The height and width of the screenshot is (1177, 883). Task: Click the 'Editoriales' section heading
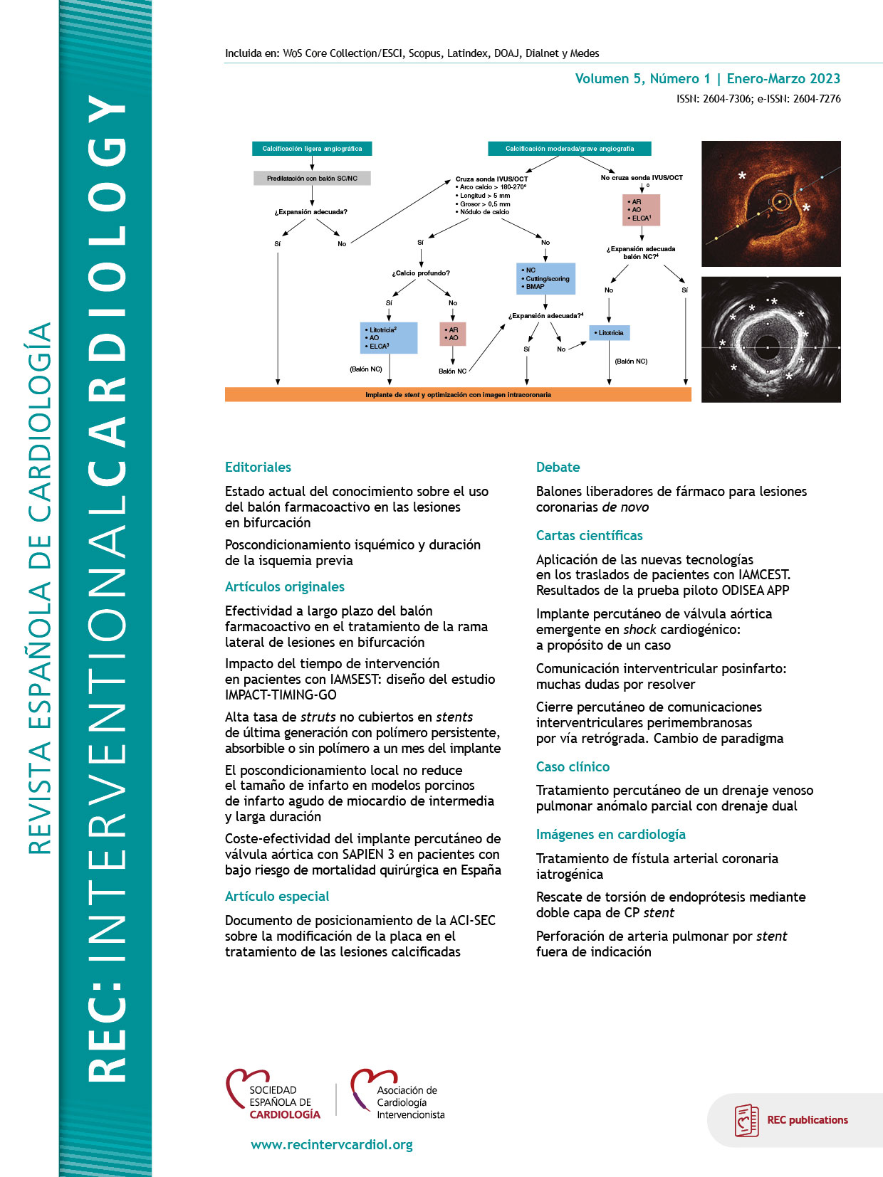(x=258, y=468)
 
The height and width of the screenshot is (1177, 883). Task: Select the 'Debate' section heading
(x=558, y=468)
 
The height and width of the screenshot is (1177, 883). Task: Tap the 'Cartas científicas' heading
(x=589, y=536)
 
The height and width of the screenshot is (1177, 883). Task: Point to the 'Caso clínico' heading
(x=573, y=767)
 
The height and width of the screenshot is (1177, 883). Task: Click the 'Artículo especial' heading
(x=277, y=897)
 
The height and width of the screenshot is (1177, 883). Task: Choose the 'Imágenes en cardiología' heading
(x=610, y=835)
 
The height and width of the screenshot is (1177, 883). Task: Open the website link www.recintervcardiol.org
(x=332, y=1145)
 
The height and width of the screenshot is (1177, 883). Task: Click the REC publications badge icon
(x=746, y=1120)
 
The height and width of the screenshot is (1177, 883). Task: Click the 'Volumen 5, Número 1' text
(x=642, y=79)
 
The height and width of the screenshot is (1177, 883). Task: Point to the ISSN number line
(x=758, y=99)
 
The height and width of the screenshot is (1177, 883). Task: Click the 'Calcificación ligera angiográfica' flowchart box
(x=312, y=149)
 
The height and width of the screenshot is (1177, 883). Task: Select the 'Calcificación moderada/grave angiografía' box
(x=569, y=149)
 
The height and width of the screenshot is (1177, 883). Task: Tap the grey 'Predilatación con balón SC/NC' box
(x=312, y=179)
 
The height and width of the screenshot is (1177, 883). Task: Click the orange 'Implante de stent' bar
(x=458, y=395)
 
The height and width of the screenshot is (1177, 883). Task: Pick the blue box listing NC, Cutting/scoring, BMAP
(x=545, y=278)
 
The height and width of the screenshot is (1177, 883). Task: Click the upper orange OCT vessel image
(x=770, y=204)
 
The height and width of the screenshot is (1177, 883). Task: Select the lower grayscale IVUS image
(x=770, y=339)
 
